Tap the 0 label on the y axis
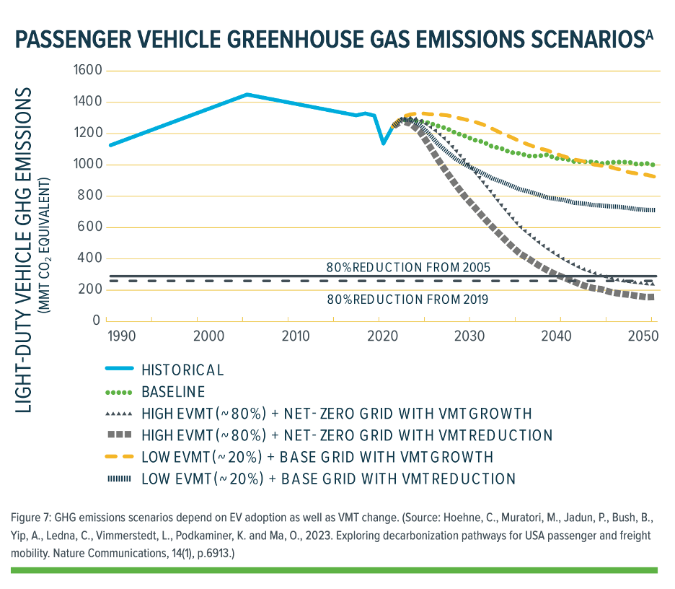coord(96,320)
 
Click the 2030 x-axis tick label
coord(469,336)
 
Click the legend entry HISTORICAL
coord(182,370)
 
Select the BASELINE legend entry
coord(173,392)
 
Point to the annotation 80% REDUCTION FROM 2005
coord(408,268)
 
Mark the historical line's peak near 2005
coord(247,95)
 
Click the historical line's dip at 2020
coord(383,143)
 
